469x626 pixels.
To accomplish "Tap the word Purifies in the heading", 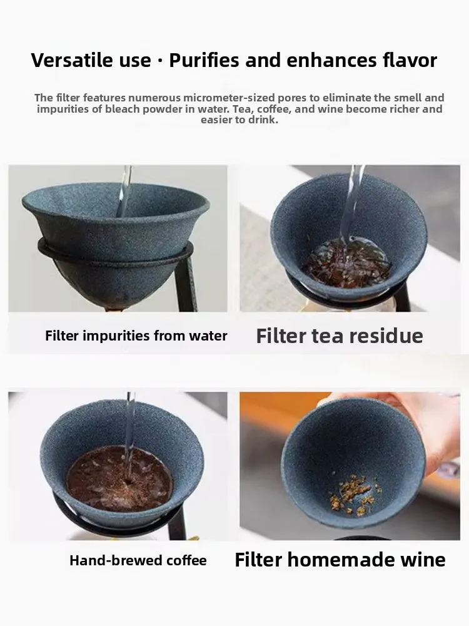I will [204, 61].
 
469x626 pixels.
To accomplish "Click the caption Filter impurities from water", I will [136, 336].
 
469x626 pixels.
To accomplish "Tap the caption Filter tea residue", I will [340, 336].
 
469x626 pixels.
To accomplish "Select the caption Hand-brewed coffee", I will [138, 560].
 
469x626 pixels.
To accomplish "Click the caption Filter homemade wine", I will [340, 560].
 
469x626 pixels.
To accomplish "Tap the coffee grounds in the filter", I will [119, 479].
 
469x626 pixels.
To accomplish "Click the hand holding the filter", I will [438, 432].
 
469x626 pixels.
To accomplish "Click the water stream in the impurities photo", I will [125, 188].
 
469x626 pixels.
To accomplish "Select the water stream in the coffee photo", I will [129, 426].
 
